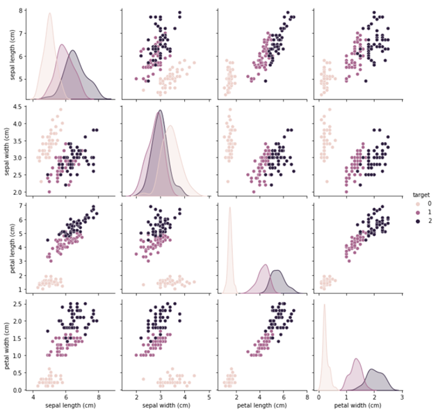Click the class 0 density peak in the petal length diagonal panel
point(229,208)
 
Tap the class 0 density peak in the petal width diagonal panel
point(324,305)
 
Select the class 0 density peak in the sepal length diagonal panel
point(49,14)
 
